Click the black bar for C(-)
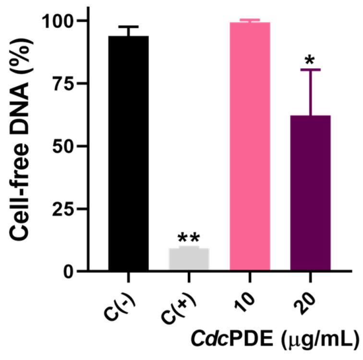128,154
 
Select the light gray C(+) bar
189,260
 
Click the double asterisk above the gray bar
189,237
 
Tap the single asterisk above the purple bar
310,60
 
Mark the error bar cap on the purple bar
310,70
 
